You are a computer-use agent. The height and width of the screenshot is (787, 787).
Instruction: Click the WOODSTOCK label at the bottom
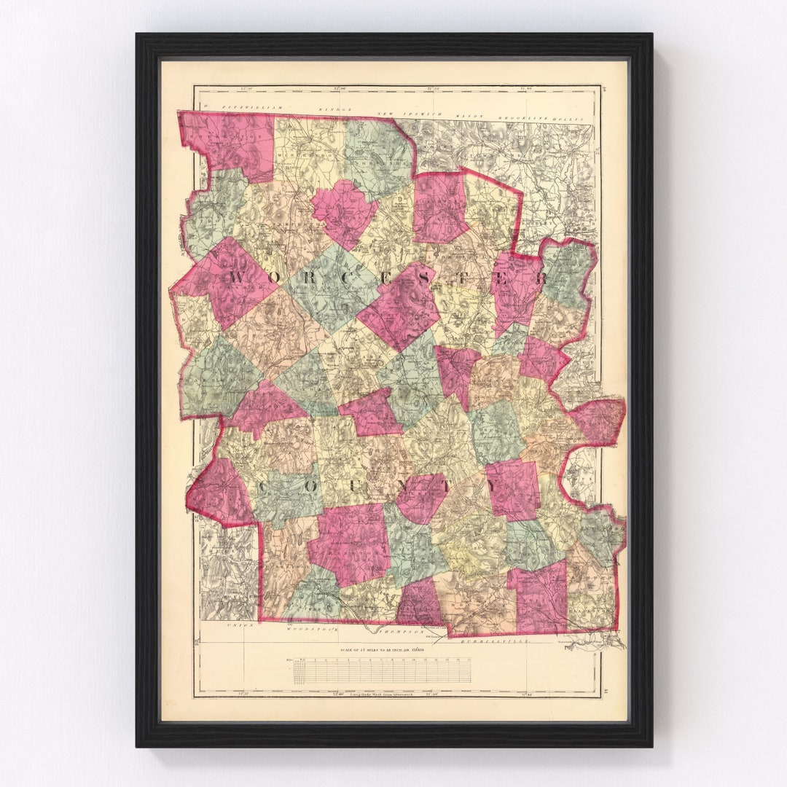[x=305, y=625]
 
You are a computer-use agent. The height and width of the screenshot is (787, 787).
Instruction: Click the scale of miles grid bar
[x=382, y=671]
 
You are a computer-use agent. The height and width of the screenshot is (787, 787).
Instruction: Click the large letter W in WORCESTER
[x=238, y=276]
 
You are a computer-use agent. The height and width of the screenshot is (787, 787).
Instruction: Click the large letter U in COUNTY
[x=353, y=485]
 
